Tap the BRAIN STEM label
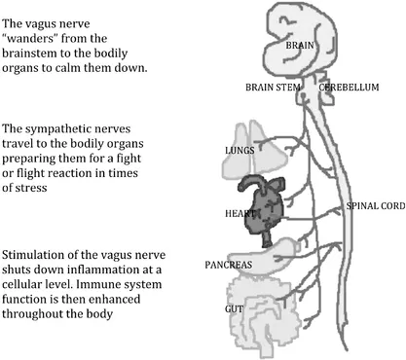click(x=274, y=89)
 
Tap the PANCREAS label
click(x=229, y=264)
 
